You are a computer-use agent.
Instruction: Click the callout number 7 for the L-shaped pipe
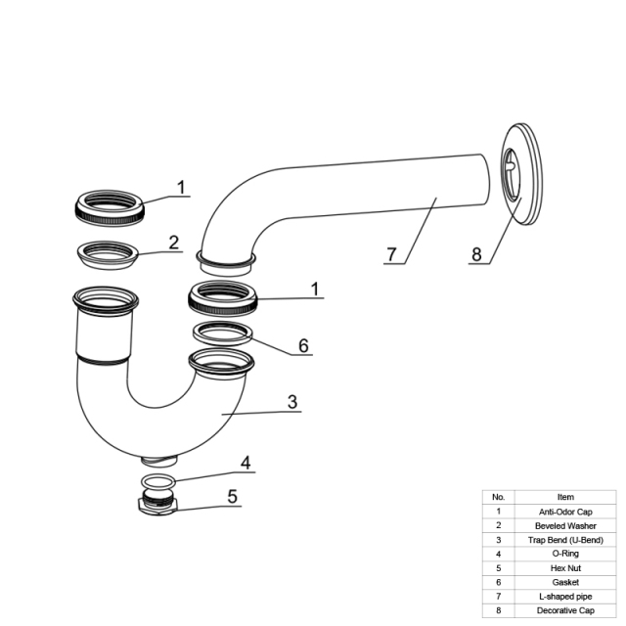[391, 254]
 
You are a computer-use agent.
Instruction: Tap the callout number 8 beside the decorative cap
[476, 254]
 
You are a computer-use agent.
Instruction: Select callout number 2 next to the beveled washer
[174, 243]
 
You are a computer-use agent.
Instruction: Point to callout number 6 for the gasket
[303, 345]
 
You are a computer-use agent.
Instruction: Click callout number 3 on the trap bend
[292, 402]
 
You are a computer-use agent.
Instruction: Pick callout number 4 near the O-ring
[246, 463]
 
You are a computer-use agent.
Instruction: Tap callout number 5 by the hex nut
[233, 497]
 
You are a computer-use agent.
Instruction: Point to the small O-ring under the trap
[158, 487]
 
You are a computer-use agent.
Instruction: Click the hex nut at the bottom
[158, 507]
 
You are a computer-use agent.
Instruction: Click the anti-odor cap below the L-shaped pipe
[223, 309]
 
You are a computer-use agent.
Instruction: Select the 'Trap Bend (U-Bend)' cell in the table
[565, 540]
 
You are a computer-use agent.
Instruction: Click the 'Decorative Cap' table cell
[565, 610]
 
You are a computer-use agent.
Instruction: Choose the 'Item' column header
[565, 497]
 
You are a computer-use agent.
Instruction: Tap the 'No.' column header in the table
[498, 497]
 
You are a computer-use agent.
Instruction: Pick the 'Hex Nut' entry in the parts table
[565, 568]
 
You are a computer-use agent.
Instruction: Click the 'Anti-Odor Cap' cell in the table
[565, 512]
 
